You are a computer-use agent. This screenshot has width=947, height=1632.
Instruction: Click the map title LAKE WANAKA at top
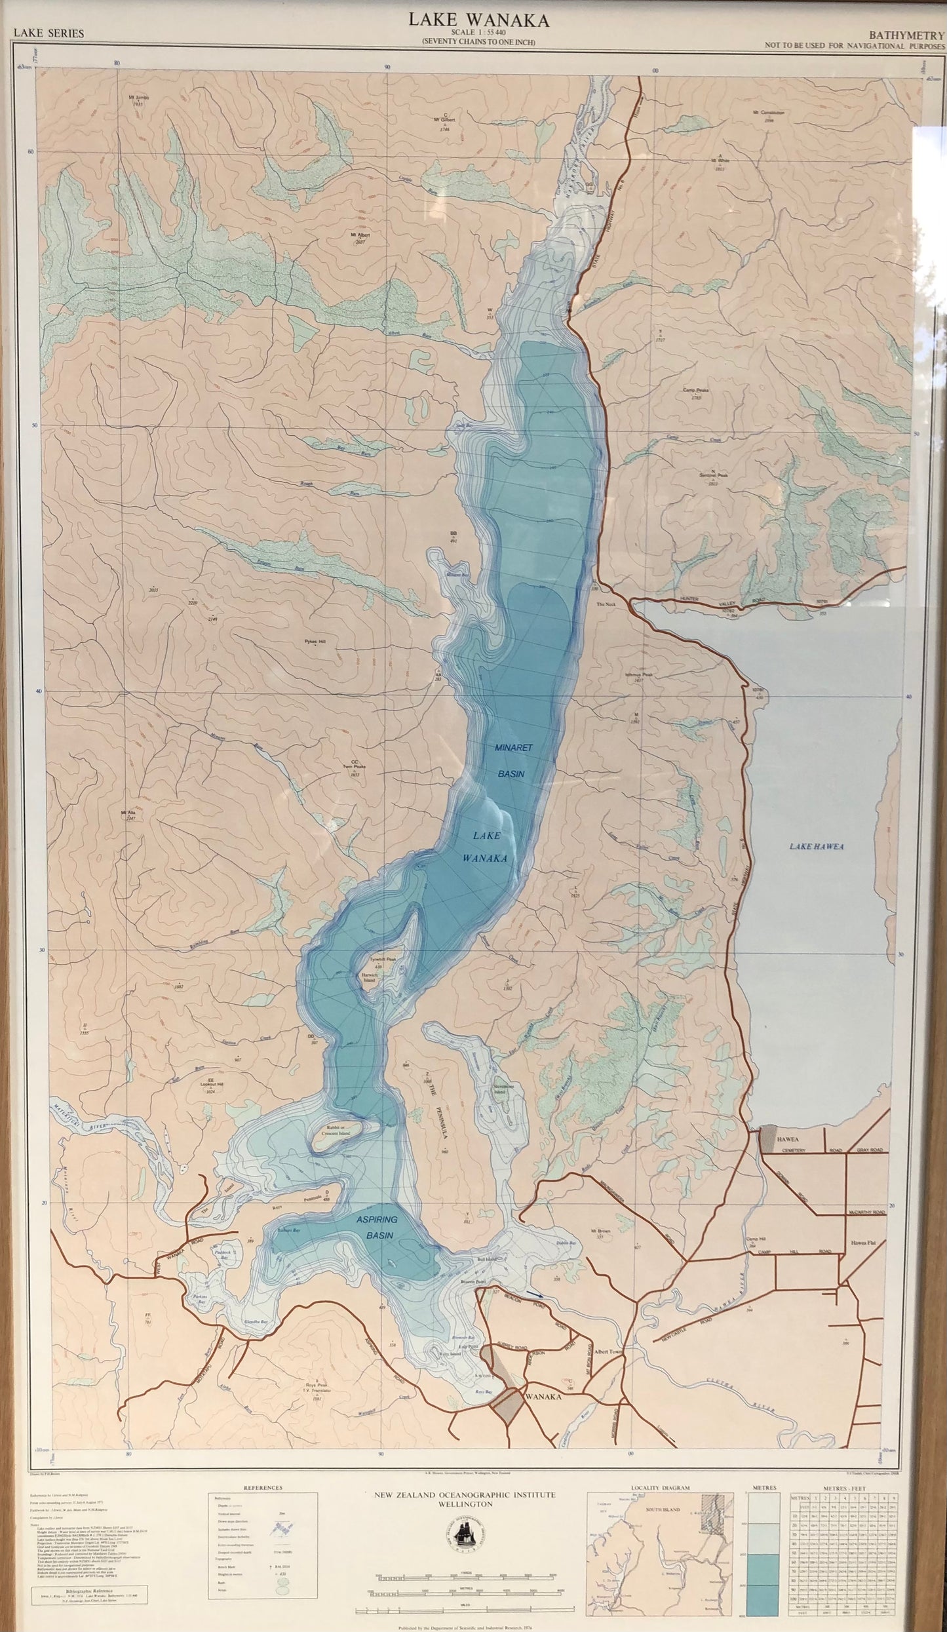coord(479,20)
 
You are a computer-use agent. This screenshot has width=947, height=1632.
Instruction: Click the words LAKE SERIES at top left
coord(49,33)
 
